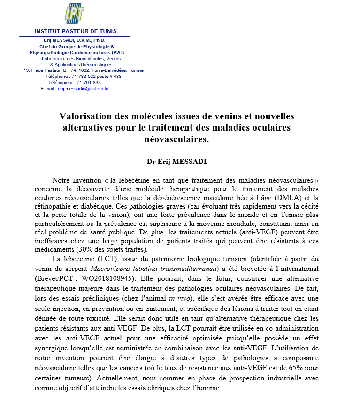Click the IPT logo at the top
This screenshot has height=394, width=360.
click(x=75, y=14)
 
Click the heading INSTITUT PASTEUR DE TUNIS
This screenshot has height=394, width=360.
click(x=75, y=31)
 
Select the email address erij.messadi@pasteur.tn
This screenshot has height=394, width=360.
click(x=83, y=88)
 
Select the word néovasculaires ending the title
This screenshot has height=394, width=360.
click(x=177, y=139)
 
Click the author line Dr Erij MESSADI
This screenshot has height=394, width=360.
click(x=177, y=162)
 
